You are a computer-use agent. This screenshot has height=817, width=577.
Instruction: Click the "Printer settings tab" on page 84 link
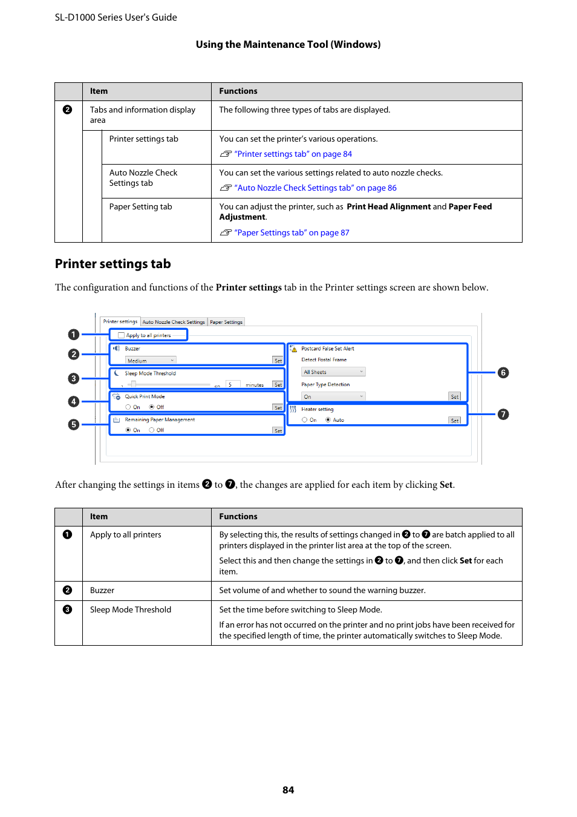coord(293,154)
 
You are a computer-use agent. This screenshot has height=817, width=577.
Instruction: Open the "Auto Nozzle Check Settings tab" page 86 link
coord(315,188)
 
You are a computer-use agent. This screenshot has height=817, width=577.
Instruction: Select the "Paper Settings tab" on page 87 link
coord(292,233)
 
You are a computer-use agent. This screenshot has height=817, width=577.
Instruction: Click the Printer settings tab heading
coord(113,264)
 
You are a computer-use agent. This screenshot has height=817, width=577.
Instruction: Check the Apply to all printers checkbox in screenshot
coord(122,335)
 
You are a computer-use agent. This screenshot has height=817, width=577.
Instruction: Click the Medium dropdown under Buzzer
coord(151,361)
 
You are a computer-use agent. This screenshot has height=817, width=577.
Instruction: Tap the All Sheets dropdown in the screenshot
coord(333,372)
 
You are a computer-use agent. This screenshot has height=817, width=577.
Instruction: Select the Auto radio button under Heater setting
coord(328,420)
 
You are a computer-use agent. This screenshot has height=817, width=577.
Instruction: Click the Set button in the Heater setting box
coord(455,421)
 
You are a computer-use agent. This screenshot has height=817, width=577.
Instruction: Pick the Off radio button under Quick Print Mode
coord(152,407)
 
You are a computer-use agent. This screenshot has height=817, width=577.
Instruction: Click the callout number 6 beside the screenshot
coord(503,373)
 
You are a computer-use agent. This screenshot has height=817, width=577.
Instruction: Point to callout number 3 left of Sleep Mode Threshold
coord(74,379)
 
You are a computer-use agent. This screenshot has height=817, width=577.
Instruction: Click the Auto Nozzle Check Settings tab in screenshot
coord(174,322)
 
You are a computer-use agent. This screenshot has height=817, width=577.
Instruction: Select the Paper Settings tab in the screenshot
coord(226,322)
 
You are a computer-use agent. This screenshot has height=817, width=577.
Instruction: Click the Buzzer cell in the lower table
coord(102,591)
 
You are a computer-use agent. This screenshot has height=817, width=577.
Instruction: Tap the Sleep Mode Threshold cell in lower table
coord(131,610)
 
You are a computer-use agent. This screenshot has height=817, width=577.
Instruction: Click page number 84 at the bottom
coord(288,790)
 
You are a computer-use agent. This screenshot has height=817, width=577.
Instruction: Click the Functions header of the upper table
coord(238,91)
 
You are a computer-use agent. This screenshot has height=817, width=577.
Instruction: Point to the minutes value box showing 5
coord(233,385)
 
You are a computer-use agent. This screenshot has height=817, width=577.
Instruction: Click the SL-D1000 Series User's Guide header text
coord(116,18)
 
